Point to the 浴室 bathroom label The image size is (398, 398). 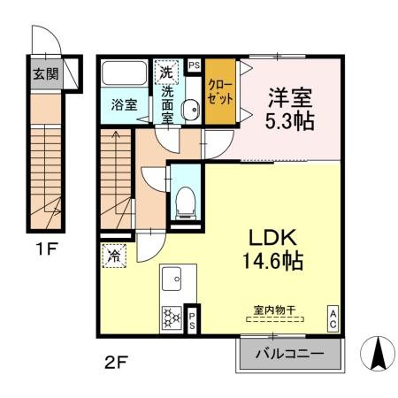pos(124,104)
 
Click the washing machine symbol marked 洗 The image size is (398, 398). pos(166,70)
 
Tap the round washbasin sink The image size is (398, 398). pos(188,109)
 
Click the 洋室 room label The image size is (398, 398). pos(288,96)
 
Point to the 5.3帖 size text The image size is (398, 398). pos(288,121)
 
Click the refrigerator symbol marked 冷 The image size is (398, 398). pos(114,256)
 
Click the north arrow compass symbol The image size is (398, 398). pos(377,354)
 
